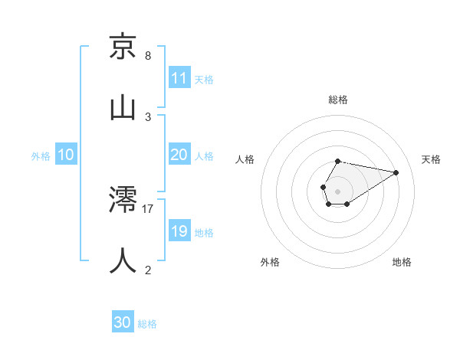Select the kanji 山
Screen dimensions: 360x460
[x=123, y=107]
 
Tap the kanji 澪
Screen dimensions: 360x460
[x=123, y=200]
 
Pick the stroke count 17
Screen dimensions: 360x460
[x=148, y=208]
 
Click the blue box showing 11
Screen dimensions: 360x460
[x=179, y=78]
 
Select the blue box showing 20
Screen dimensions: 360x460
[x=179, y=155]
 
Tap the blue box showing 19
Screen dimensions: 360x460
[x=179, y=231]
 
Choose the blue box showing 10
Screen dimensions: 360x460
[x=65, y=155]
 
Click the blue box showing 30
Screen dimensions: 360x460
[x=122, y=323]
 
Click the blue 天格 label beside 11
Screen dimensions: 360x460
[x=204, y=79]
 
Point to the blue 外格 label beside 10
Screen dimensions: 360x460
[x=41, y=155]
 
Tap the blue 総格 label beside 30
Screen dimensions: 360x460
[x=147, y=324]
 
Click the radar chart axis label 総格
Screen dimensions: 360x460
[x=338, y=100]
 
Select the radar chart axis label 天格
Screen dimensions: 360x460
[x=432, y=159]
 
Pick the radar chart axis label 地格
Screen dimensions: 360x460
[x=402, y=262]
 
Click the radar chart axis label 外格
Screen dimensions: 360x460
[x=270, y=262]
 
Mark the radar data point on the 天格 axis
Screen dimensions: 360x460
[x=396, y=172]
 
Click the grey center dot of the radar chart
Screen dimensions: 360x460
[x=338, y=191]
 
